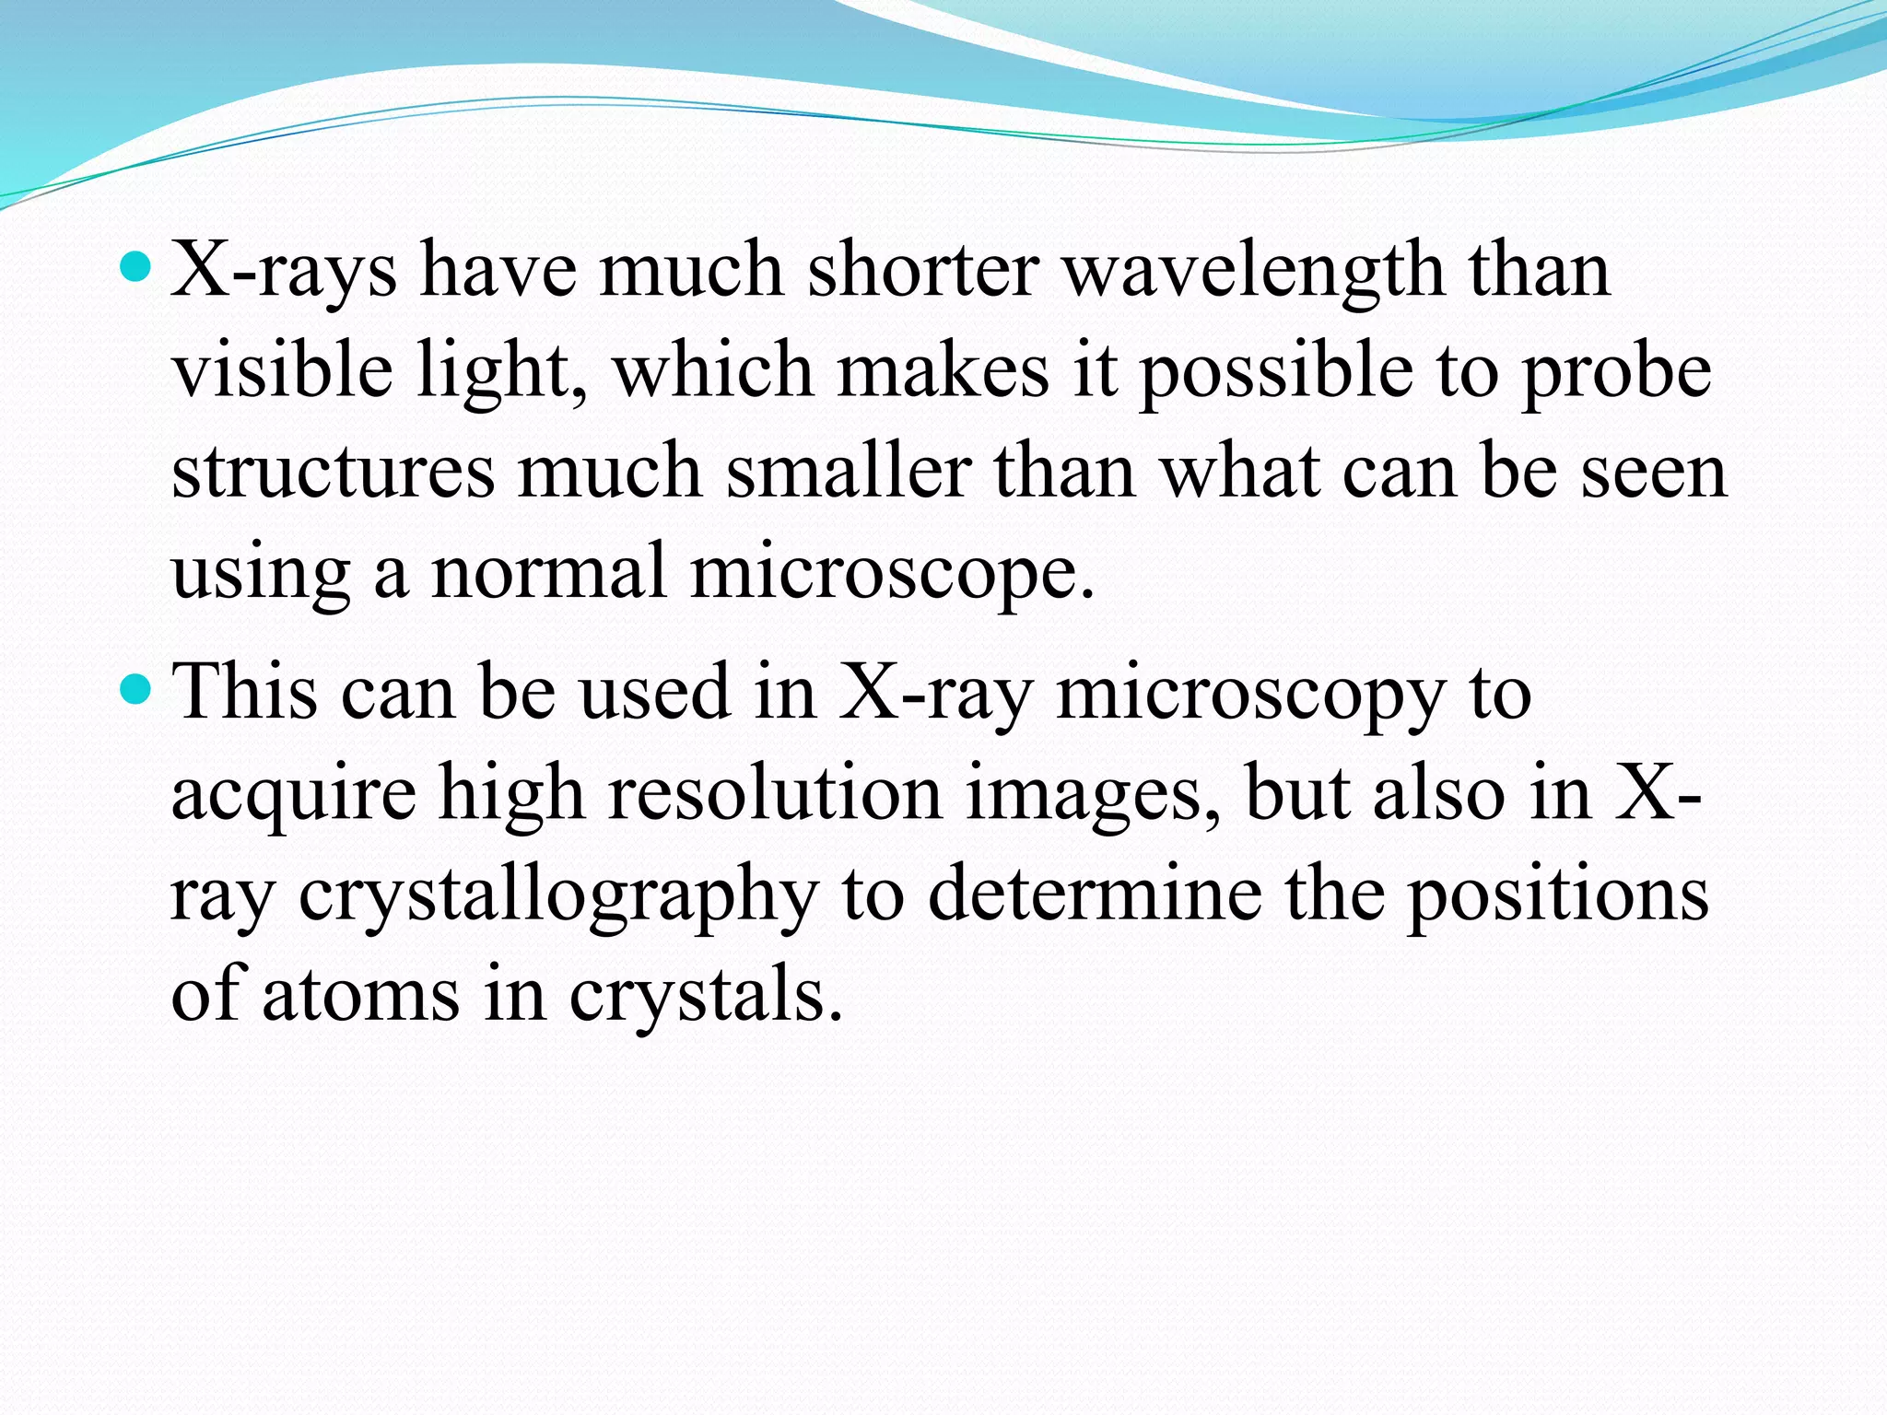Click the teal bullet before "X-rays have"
(x=135, y=268)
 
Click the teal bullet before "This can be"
(x=135, y=689)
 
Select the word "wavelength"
(x=1254, y=272)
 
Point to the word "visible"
(x=282, y=370)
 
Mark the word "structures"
(x=333, y=472)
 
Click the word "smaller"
(x=849, y=472)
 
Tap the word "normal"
(x=549, y=572)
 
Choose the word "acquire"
(x=294, y=794)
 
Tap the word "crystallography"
(x=558, y=896)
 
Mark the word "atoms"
(x=360, y=996)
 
